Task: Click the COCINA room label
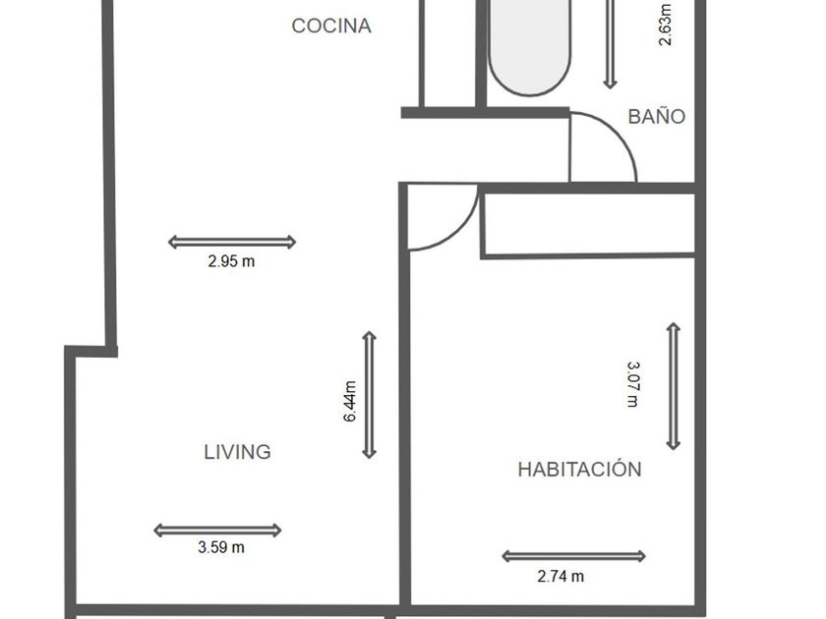tap(331, 26)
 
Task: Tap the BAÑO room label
tap(657, 116)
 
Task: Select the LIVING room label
tap(238, 452)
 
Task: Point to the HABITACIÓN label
tap(579, 469)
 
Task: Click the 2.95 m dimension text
tap(231, 261)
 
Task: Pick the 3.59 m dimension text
tap(221, 547)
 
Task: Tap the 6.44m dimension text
tap(350, 402)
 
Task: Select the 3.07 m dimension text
tap(632, 384)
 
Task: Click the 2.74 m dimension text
tap(560, 577)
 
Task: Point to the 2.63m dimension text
tap(666, 25)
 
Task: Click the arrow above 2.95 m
tap(232, 242)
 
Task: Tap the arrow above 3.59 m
tap(217, 530)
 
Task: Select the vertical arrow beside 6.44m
tap(370, 395)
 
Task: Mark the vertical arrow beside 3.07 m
tap(674, 386)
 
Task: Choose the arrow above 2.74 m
tap(573, 556)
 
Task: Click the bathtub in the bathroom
tap(529, 46)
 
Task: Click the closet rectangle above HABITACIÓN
tap(588, 225)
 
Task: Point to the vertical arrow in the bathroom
tap(610, 44)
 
